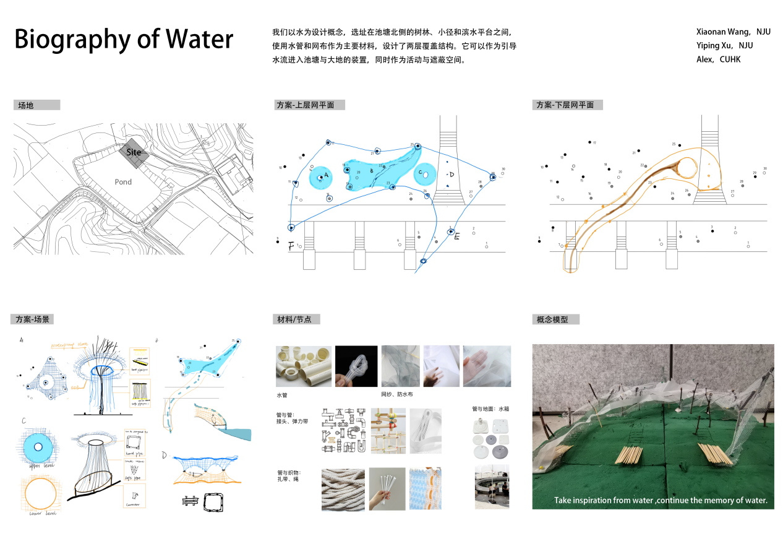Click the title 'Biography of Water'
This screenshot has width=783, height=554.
(124, 39)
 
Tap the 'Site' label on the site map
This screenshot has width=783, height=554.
(134, 152)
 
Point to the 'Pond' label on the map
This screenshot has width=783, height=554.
(123, 182)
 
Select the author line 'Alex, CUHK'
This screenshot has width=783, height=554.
(718, 59)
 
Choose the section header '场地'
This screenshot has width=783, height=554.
(26, 105)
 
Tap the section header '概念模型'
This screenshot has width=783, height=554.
(547, 319)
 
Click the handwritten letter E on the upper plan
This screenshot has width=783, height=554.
(457, 236)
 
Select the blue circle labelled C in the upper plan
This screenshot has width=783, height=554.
(426, 174)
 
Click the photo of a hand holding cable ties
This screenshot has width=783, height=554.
(387, 488)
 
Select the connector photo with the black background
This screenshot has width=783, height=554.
(356, 366)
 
